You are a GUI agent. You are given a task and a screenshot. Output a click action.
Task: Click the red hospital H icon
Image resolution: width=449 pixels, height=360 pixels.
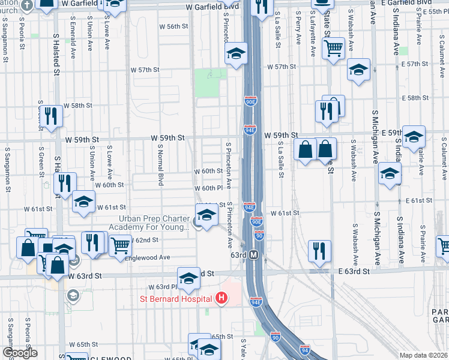[x=221, y=298]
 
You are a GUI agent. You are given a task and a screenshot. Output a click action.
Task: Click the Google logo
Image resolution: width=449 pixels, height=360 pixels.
[x=19, y=353]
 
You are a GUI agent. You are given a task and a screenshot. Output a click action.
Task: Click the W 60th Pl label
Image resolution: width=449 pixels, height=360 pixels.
[x=208, y=188]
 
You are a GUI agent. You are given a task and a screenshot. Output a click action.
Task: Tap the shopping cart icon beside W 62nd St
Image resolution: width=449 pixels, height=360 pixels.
[x=120, y=244]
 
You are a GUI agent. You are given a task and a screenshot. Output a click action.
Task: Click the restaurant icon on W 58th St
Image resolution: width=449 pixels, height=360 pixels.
[x=53, y=116]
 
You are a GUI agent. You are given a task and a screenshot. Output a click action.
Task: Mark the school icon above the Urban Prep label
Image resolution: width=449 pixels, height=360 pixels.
[x=206, y=214]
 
